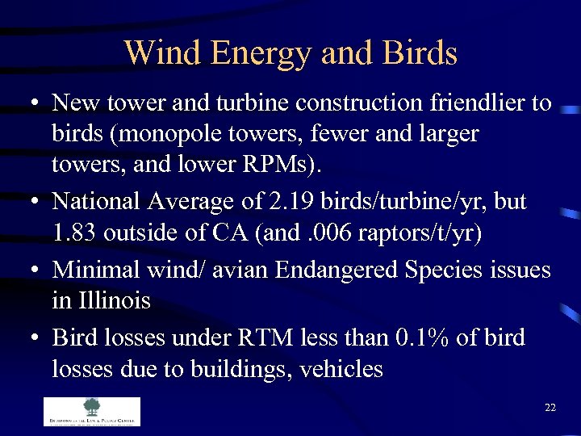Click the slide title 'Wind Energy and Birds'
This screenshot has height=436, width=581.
(290, 53)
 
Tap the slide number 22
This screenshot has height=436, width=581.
(550, 408)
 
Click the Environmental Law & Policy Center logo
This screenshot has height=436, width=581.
(91, 411)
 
